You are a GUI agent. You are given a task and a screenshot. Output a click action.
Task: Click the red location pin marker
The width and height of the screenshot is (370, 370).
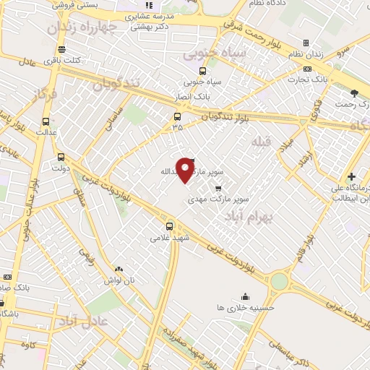pos(186,169)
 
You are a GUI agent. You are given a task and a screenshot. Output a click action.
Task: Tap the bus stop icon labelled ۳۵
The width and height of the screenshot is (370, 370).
pos(177,116)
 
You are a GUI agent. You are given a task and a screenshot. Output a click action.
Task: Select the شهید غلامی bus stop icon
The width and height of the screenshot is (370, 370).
pos(170,225)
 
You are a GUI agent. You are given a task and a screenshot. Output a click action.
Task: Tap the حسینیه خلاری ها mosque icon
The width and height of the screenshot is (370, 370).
pos(246,296)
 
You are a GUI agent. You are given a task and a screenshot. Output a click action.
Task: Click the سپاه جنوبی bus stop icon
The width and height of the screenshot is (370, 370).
pos(202,71)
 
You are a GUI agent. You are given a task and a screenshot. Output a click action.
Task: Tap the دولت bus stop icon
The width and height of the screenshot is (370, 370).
pos(61,155)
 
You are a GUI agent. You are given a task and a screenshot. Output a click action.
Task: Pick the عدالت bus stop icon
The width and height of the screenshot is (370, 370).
pos(46,121)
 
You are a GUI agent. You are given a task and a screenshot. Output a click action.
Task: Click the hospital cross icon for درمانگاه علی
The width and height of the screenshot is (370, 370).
pos(351,176)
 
